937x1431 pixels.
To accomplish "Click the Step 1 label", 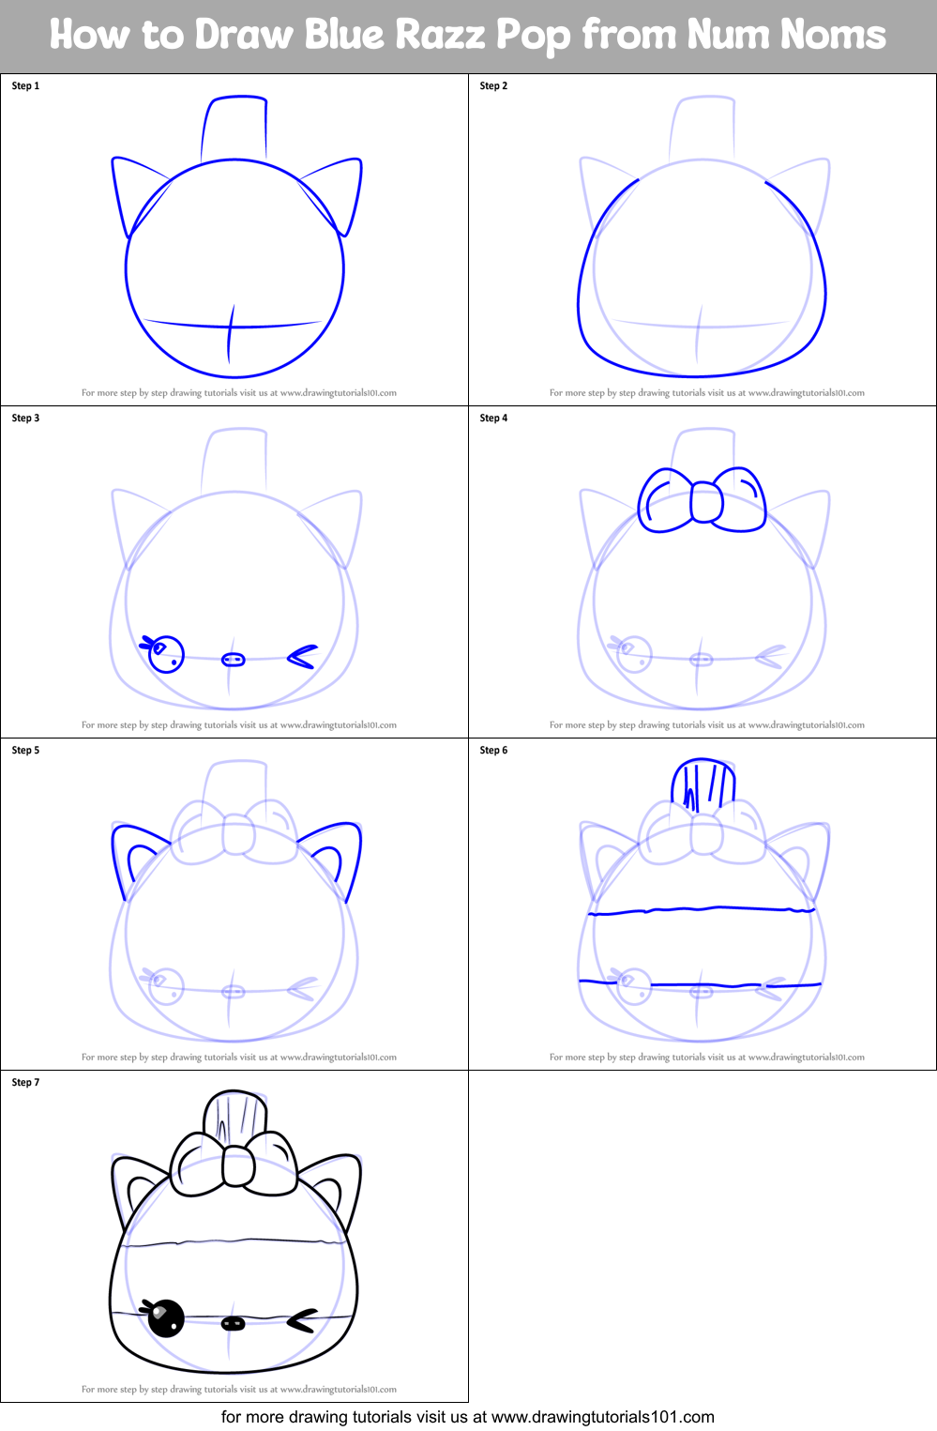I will tap(25, 85).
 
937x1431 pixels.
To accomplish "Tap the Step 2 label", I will tap(493, 85).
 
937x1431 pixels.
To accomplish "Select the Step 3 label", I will tap(25, 418).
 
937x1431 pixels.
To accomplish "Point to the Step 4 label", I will tap(493, 418).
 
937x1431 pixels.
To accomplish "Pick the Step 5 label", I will tap(25, 750).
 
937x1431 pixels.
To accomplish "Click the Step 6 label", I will tap(493, 750).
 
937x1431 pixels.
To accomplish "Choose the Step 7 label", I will tap(25, 1082).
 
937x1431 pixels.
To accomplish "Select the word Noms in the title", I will tap(833, 35).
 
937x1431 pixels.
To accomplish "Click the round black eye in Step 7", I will tap(166, 1318).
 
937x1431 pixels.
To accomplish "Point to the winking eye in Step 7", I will tap(301, 1321).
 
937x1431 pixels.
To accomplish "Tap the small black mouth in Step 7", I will tap(233, 1323).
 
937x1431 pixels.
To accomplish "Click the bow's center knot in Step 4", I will tap(706, 503).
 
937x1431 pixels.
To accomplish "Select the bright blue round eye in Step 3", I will tap(167, 654).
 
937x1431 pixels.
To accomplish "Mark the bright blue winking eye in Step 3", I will tap(302, 657).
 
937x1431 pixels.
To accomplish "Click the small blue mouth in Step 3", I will tap(233, 660).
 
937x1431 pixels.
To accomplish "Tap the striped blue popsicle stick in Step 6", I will tap(703, 784).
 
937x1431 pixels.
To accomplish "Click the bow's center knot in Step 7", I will tap(238, 1165).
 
